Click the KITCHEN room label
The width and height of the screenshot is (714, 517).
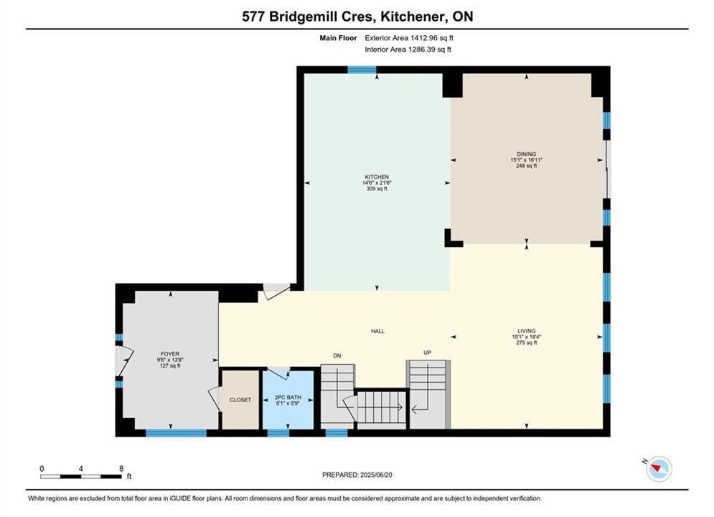coord(377,177)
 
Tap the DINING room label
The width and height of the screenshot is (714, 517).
coord(527,154)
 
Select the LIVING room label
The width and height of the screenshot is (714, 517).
coord(527,331)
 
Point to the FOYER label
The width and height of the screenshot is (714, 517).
coord(170,353)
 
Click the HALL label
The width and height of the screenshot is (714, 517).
coord(377,331)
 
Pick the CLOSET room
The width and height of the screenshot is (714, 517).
coord(240,399)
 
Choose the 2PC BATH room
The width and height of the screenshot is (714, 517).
coord(288,399)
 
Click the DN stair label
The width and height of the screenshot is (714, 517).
coord(337,355)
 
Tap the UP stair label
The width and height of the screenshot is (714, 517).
coord(427,353)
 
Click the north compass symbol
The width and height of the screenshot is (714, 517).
coord(659,468)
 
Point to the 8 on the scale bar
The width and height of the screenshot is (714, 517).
coord(121,468)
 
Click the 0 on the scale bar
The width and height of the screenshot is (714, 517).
coord(42,468)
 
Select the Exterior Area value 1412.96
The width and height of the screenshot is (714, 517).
coord(423,38)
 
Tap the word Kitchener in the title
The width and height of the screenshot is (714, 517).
coord(412,17)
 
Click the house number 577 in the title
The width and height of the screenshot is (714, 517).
coord(253,17)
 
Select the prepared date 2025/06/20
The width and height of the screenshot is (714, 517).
coord(376,475)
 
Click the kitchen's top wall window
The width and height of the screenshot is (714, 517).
coord(362,70)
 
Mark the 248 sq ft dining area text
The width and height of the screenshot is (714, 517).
coord(527,166)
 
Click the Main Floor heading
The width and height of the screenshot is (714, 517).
coord(338,38)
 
